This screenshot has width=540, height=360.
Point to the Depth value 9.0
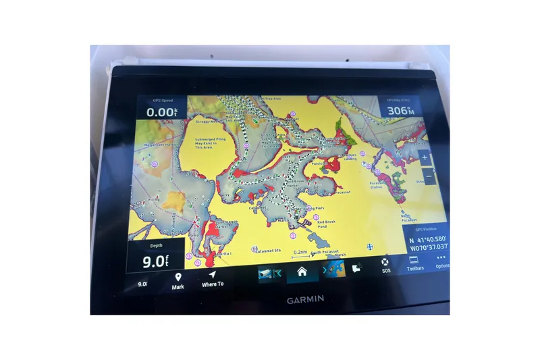coord(153,261)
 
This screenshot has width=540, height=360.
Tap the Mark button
coord(178,281)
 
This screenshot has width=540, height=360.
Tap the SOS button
coord(385,265)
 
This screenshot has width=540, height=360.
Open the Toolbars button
coord(414,264)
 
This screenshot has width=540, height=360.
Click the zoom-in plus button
coord(424,158)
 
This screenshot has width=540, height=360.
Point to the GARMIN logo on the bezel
coord(305,299)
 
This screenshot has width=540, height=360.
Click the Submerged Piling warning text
coord(209,144)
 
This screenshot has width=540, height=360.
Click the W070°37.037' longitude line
coord(428,248)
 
